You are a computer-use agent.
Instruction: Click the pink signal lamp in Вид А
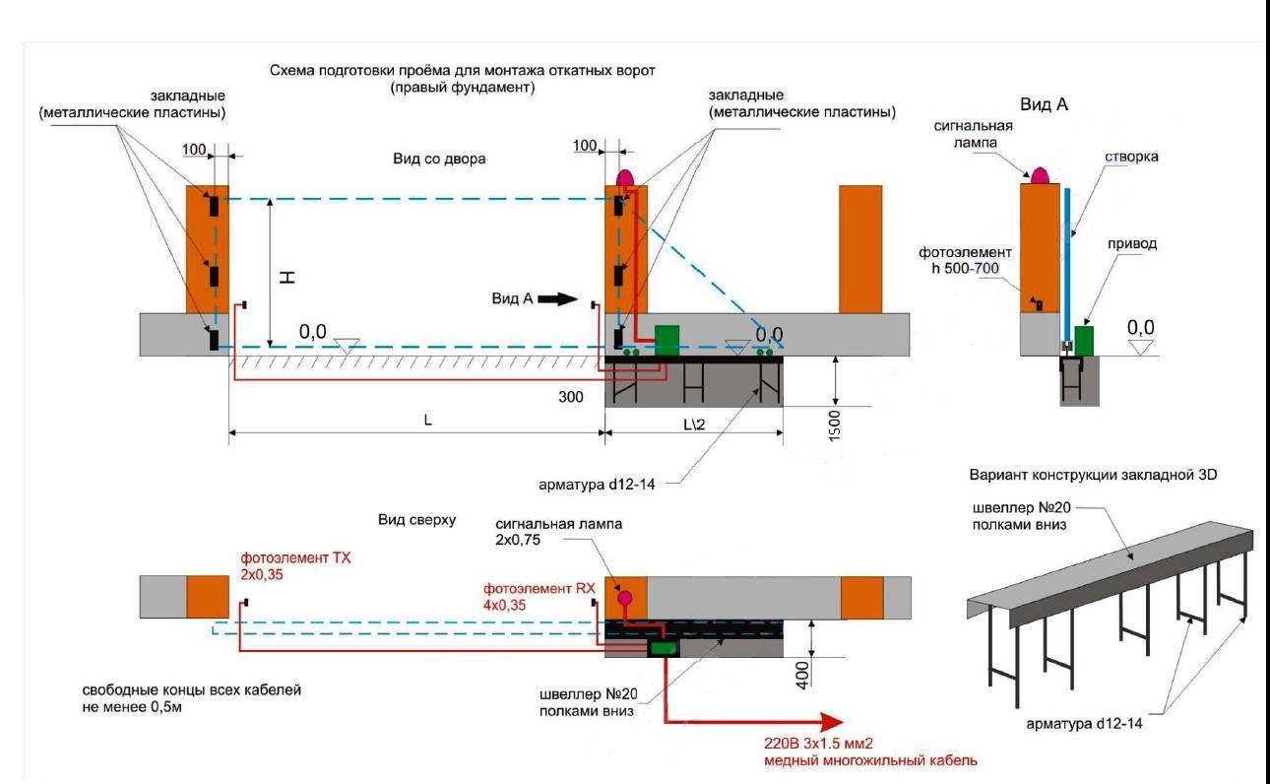point(1041,175)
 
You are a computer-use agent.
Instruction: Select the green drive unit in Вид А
point(1084,340)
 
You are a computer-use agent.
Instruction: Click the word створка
point(1132,157)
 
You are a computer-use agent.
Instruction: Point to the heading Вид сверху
point(416,520)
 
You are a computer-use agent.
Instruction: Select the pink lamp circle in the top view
point(624,597)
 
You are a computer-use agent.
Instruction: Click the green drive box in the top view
point(662,648)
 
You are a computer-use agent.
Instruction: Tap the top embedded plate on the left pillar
point(213,206)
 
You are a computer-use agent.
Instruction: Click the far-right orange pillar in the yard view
point(860,249)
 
